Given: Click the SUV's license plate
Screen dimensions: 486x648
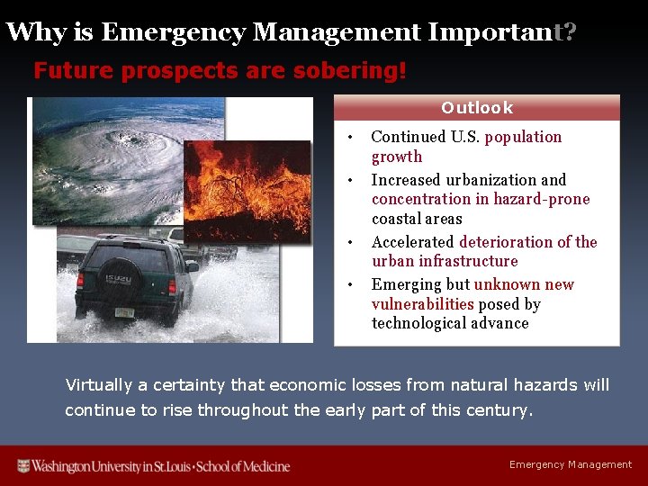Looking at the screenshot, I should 124,312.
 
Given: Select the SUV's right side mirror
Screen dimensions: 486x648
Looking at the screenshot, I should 191,266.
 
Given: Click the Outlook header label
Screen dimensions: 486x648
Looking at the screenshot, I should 476,108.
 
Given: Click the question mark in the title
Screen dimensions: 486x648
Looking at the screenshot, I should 569,32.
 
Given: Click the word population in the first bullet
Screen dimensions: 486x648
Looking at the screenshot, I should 523,137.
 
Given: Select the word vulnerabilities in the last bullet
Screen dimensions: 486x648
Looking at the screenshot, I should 422,304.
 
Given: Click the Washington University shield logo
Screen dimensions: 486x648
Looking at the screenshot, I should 24,465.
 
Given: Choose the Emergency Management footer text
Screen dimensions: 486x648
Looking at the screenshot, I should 571,464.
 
